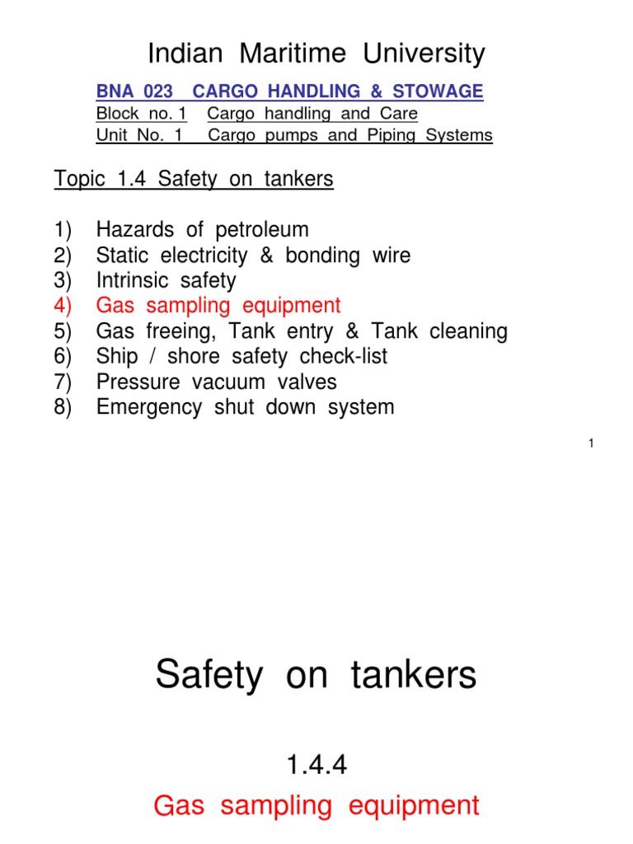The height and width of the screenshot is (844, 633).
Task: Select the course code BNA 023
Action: pyautogui.click(x=134, y=91)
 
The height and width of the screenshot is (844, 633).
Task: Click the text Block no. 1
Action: pyautogui.click(x=141, y=114)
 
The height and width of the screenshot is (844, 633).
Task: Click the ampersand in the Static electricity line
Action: pyautogui.click(x=267, y=256)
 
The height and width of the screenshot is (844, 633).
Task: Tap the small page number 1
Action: pyautogui.click(x=592, y=444)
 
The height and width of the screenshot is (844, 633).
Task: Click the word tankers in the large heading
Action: pyautogui.click(x=414, y=676)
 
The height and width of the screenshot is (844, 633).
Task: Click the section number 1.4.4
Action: pyautogui.click(x=316, y=766)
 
